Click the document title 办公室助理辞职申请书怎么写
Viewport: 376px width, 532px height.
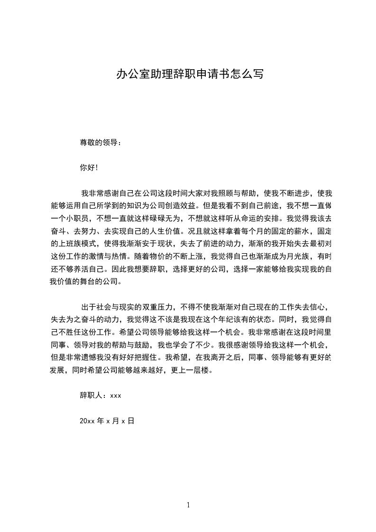pos(190,74)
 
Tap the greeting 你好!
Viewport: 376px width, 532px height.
pos(89,167)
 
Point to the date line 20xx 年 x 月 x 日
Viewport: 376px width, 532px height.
pos(107,421)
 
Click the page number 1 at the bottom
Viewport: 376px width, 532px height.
pos(188,505)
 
